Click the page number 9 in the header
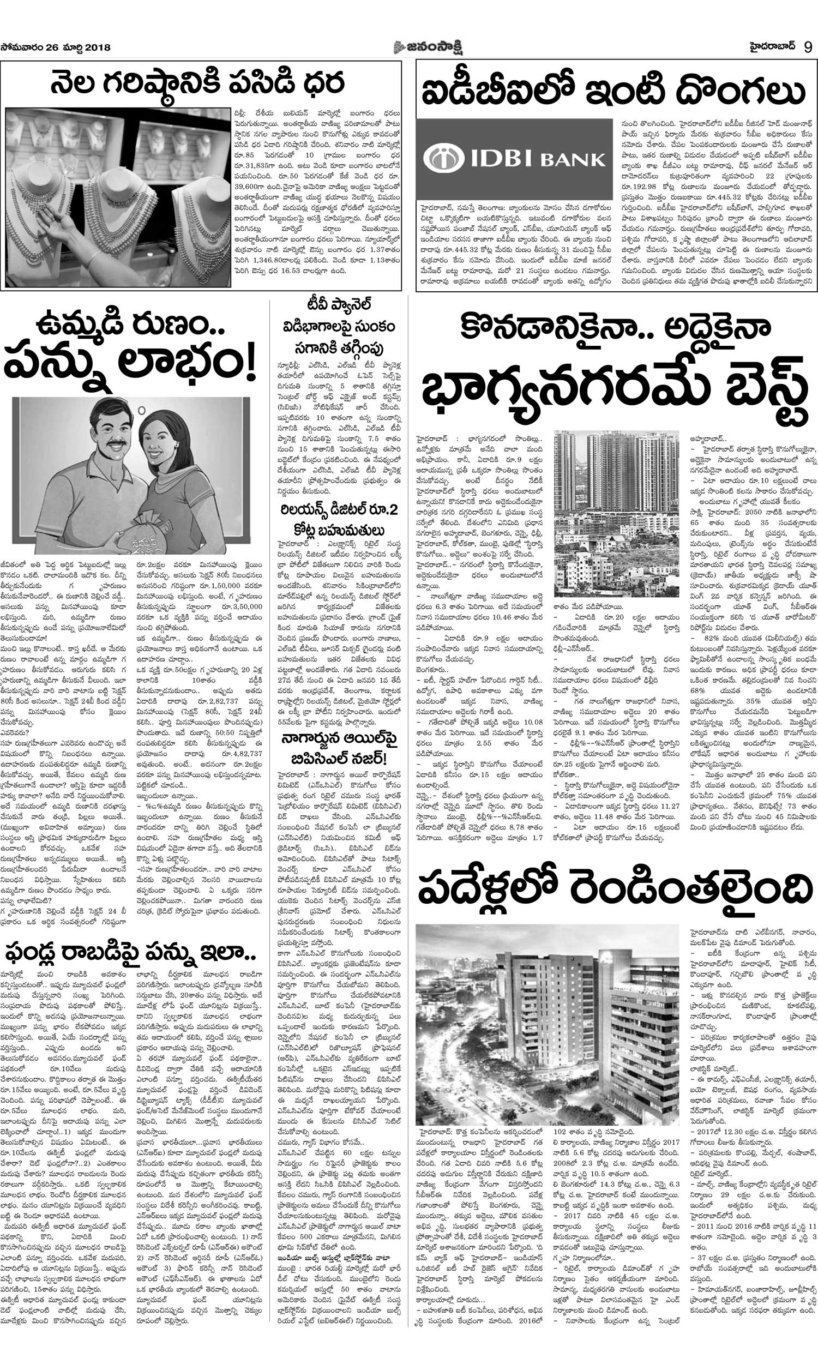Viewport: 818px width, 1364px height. (808, 47)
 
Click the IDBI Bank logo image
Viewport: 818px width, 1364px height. (514, 159)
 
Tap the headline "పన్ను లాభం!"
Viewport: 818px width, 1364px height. (130, 366)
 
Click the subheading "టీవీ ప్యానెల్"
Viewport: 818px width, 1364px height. (339, 304)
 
